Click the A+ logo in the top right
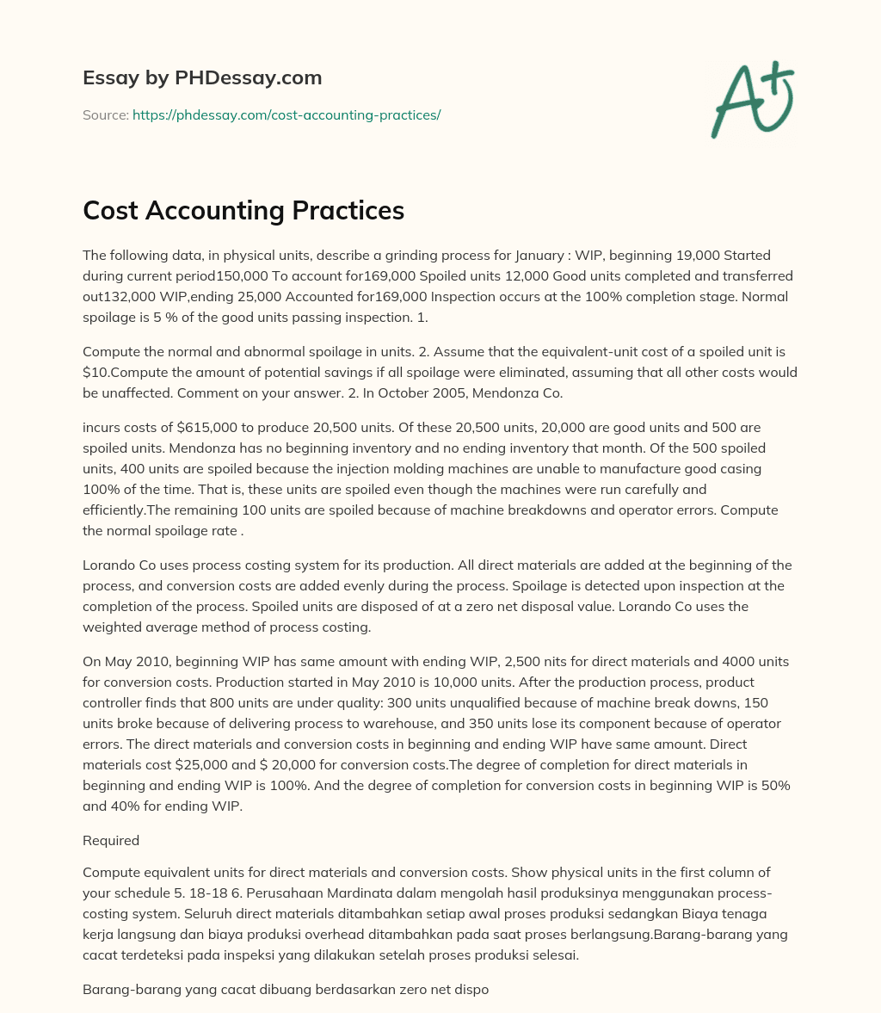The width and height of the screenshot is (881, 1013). tap(752, 100)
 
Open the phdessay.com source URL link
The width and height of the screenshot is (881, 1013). tap(286, 114)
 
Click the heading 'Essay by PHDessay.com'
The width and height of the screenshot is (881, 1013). tap(202, 78)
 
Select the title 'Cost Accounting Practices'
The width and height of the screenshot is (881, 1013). tap(243, 210)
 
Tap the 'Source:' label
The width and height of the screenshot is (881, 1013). tap(105, 114)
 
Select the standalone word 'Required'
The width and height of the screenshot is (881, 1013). tap(111, 840)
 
